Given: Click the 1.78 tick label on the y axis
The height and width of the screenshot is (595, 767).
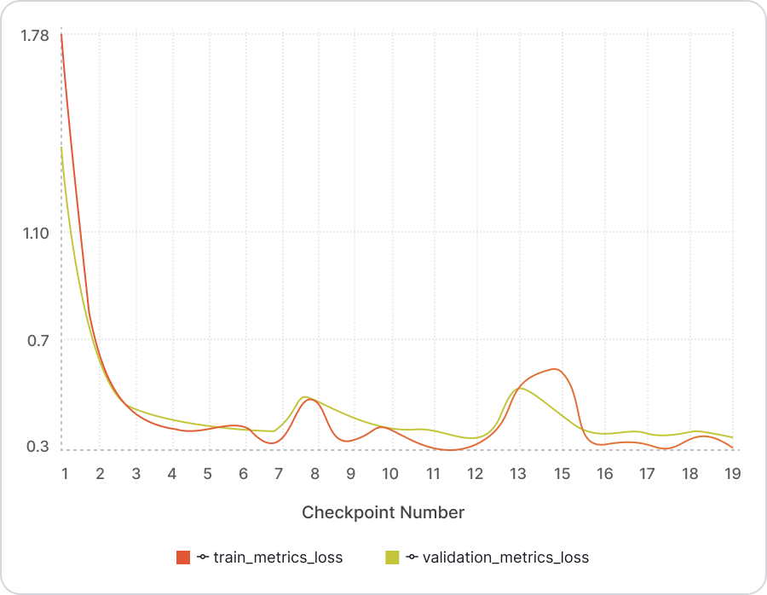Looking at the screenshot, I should [x=37, y=36].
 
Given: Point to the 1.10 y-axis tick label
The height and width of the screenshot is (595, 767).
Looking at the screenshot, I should [x=37, y=233].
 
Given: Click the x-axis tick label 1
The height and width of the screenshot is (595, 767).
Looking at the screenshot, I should [x=64, y=474].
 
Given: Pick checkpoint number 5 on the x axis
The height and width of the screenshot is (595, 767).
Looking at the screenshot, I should [x=207, y=474].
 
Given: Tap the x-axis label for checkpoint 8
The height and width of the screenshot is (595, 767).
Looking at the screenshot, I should [x=314, y=474].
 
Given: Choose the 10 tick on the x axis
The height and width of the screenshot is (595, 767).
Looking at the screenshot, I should [x=389, y=474].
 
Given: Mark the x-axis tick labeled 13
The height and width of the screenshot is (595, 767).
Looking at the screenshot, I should [x=517, y=474].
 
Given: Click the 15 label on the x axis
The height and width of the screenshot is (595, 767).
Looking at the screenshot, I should [x=561, y=474].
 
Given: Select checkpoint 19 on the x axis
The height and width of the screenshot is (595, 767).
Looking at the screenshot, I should [x=731, y=474].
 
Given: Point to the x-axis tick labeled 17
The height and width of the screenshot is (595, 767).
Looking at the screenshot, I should [x=647, y=474].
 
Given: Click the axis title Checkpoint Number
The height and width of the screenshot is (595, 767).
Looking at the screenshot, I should [x=383, y=512].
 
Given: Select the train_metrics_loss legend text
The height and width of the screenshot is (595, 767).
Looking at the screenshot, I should [x=278, y=557].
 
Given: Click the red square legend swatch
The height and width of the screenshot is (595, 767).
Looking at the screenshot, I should [x=183, y=557].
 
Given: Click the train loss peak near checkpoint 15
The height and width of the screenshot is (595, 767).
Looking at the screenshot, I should [x=555, y=369].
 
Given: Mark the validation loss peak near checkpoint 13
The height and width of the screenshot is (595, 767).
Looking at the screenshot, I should [x=520, y=389].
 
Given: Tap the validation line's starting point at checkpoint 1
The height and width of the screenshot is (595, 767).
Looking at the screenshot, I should [x=62, y=147].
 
